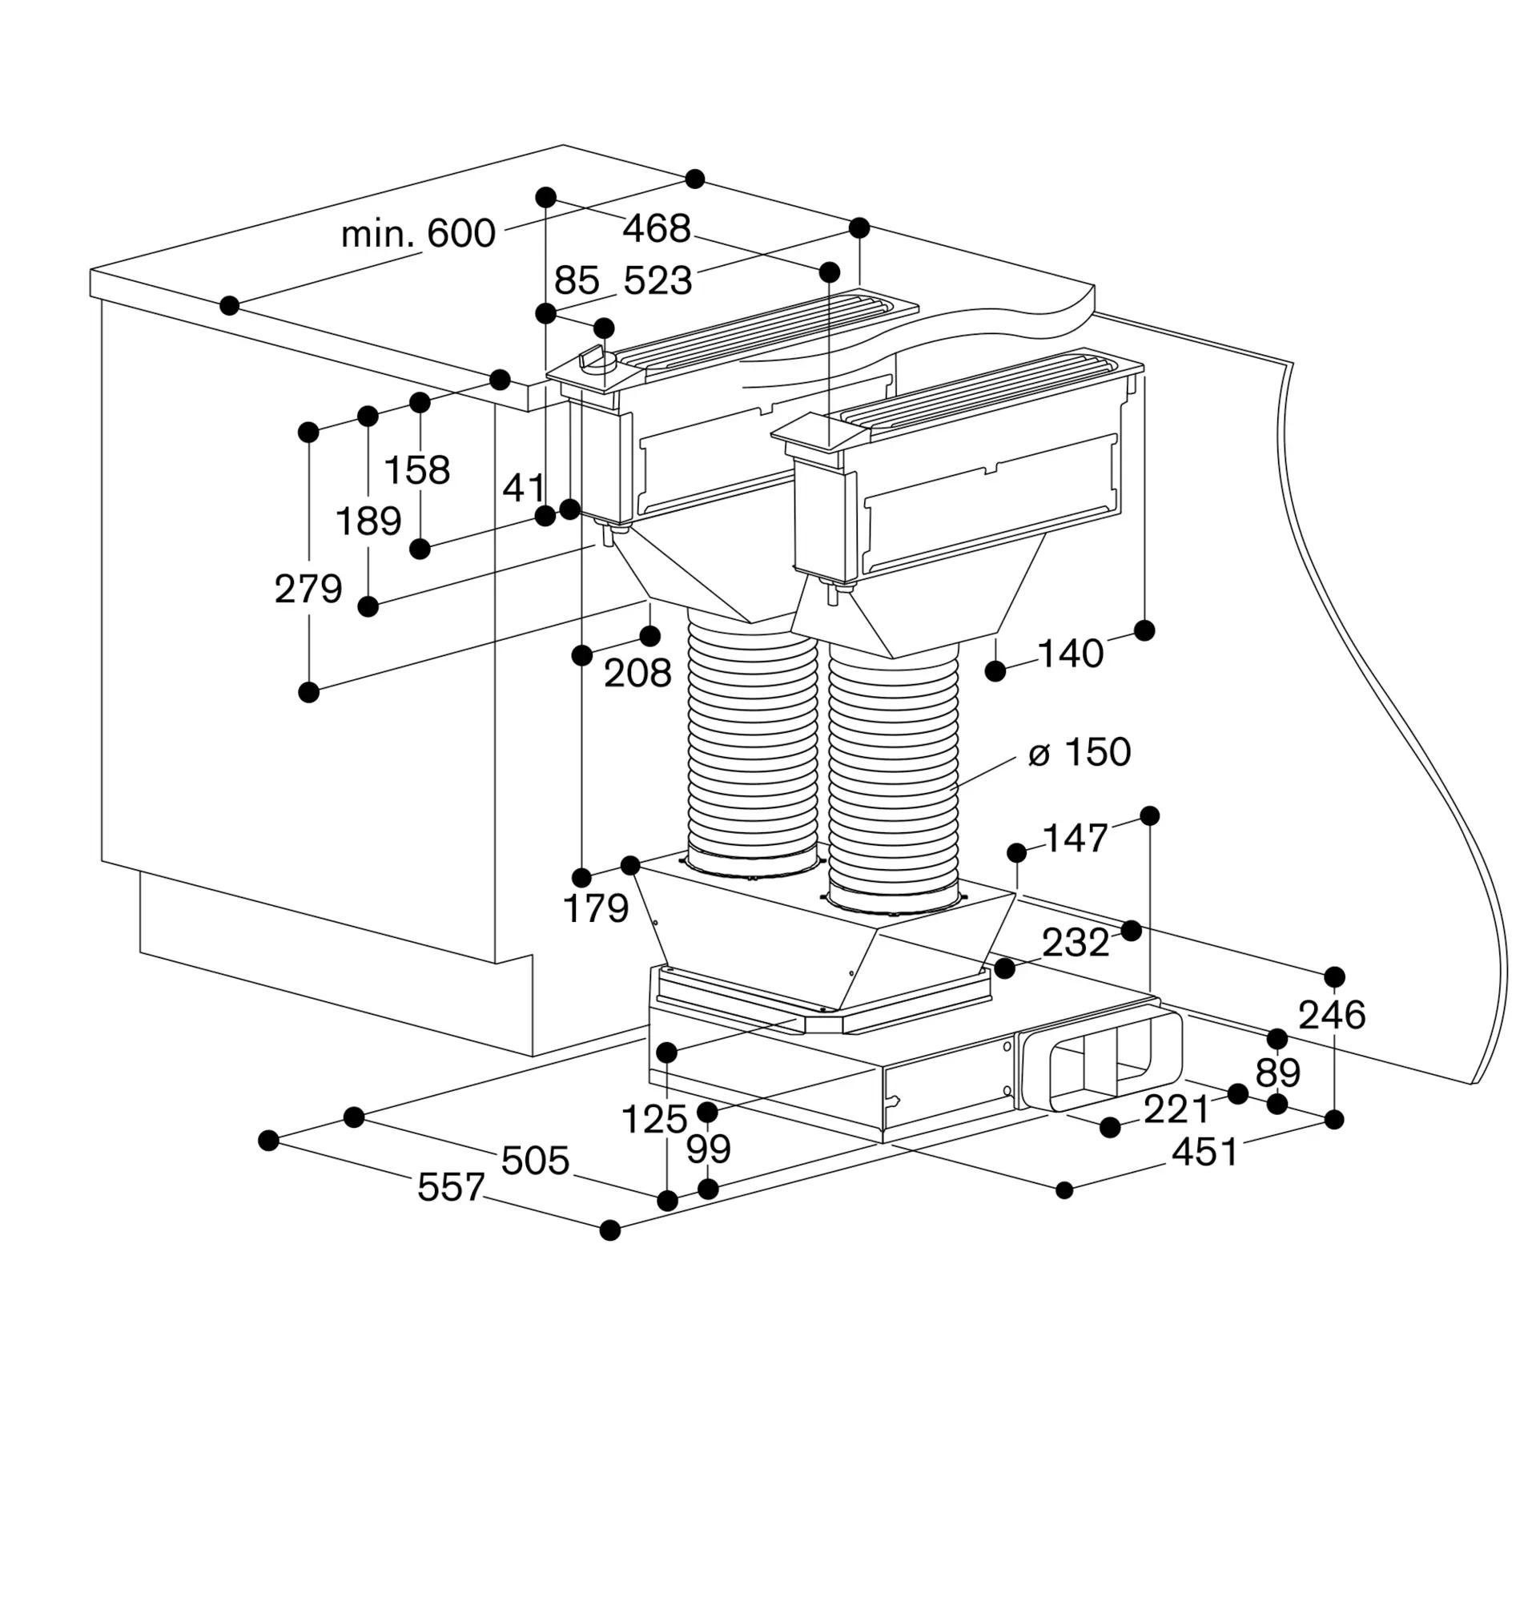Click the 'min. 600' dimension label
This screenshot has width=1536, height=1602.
(417, 235)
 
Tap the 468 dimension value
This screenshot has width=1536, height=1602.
(656, 229)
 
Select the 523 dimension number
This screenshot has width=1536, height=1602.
(657, 281)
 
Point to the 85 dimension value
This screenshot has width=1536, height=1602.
(577, 281)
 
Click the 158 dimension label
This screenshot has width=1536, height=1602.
(416, 471)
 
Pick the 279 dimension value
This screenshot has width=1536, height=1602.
(308, 589)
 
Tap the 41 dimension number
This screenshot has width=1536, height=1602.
(523, 489)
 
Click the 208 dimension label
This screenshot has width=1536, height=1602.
(637, 674)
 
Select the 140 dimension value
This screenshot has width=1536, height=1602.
(1069, 654)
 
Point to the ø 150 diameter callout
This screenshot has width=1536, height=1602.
(1079, 753)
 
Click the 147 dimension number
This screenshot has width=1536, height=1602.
(1076, 839)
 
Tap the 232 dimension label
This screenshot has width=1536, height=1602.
(1076, 944)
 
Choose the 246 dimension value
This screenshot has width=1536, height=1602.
(1332, 1015)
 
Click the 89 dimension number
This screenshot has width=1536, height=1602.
(1278, 1072)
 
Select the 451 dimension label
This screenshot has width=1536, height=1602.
(1204, 1153)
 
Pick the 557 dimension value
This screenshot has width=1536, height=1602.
(451, 1187)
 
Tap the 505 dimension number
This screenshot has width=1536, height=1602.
(534, 1161)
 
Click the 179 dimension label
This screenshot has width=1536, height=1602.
(596, 909)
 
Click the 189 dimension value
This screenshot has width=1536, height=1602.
(368, 521)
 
